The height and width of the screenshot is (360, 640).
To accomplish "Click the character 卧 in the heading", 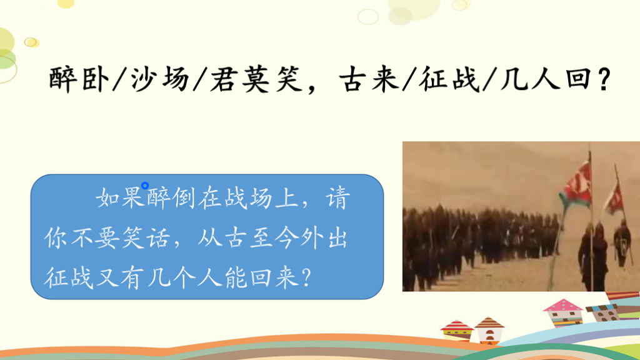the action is [95, 78].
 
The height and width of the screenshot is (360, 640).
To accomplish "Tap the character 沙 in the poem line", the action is [144, 78].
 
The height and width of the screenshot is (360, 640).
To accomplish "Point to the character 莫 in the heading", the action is [256, 78].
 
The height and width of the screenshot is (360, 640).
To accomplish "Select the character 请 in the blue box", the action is [337, 199].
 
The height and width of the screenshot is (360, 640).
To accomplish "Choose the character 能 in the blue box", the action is [236, 277].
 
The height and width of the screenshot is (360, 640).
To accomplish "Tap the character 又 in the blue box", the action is [107, 277].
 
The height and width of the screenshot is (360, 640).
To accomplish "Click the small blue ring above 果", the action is [145, 186].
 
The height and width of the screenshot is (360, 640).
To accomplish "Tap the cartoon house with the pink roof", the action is [563, 312].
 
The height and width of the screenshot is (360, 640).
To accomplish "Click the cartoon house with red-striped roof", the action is [457, 331].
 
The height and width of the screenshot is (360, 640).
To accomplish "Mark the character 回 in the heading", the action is [579, 78].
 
